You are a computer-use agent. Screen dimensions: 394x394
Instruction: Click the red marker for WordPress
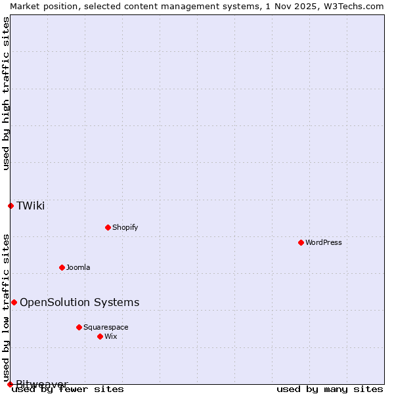pyautogui.click(x=301, y=242)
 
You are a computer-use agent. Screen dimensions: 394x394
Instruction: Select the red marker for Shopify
pyautogui.click(x=108, y=227)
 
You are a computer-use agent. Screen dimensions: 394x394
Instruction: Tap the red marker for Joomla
pyautogui.click(x=62, y=267)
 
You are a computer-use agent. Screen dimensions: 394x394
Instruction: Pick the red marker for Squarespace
pyautogui.click(x=79, y=327)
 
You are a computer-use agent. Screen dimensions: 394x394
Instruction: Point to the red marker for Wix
pyautogui.click(x=100, y=336)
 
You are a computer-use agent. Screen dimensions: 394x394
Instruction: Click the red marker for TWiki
pyautogui.click(x=11, y=206)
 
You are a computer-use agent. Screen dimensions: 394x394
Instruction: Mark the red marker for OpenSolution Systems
pyautogui.click(x=14, y=302)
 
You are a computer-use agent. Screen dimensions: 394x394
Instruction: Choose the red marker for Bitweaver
pyautogui.click(x=10, y=384)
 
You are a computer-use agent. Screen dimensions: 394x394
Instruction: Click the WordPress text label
pyautogui.click(x=324, y=242)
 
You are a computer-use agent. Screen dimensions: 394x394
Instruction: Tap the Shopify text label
pyautogui.click(x=125, y=227)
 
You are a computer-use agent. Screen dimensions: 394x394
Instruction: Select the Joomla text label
pyautogui.click(x=78, y=267)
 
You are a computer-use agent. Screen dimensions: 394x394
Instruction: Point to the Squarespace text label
pyautogui.click(x=106, y=327)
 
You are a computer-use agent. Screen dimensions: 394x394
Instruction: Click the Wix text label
pyautogui.click(x=110, y=336)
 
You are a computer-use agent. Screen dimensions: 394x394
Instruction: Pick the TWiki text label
pyautogui.click(x=31, y=206)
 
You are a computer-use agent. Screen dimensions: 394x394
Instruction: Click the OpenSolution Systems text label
pyautogui.click(x=79, y=302)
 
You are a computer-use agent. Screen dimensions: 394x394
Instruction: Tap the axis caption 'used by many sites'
pyautogui.click(x=330, y=389)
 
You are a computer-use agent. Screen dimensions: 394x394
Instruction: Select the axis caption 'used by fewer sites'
pyautogui.click(x=68, y=389)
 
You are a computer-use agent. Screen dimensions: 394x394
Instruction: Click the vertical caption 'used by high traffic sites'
pyautogui.click(x=6, y=93)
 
